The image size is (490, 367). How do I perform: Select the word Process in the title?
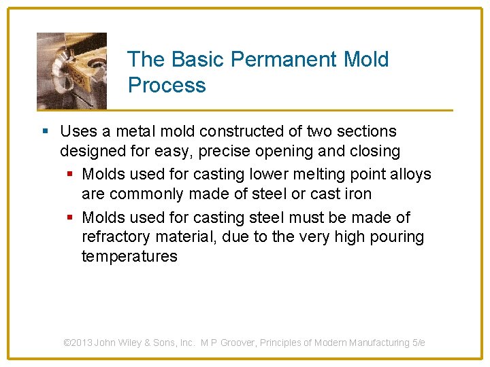[167, 86]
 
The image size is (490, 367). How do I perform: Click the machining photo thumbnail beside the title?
[71, 71]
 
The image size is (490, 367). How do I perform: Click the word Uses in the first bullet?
[78, 131]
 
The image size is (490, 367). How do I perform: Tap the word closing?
[372, 150]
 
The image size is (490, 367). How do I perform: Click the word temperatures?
[129, 256]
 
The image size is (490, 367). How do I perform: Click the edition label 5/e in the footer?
[419, 343]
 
